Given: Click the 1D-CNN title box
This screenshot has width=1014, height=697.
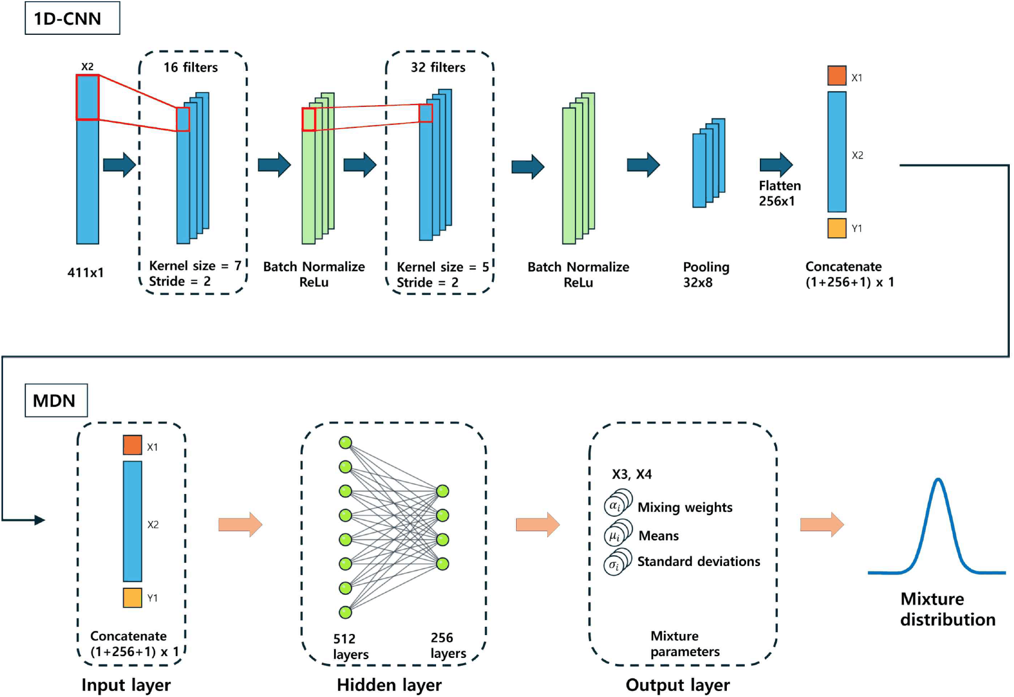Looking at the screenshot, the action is pos(73,17).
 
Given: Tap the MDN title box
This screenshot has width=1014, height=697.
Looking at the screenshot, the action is pos(56,400).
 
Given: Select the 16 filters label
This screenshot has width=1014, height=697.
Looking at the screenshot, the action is pos(190,67).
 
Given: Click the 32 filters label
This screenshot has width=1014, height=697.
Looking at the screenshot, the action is pos(438,67).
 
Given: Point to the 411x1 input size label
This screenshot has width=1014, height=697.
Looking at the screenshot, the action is pos(85,273).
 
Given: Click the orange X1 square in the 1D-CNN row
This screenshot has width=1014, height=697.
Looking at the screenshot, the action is pos(837,76).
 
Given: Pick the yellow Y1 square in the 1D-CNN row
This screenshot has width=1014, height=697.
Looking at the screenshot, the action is pos(837,228).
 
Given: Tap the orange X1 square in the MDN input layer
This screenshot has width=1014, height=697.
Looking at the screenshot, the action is pos(132,445).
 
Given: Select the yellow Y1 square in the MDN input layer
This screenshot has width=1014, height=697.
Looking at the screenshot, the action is pos(132,597).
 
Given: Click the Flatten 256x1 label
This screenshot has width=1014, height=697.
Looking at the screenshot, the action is pos(780,193).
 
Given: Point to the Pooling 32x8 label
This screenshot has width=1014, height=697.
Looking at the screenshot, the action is pos(706,275).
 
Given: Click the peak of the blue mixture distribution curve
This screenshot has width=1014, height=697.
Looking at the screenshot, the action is pos(938,479).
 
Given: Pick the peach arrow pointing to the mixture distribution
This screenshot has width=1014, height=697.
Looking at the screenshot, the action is pos(822,525).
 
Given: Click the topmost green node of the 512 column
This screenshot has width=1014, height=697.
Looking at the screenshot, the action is pos(345,442).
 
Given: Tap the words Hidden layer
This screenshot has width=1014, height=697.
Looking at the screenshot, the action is pos(389,685).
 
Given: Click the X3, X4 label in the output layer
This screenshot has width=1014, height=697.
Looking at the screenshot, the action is pos(632,474).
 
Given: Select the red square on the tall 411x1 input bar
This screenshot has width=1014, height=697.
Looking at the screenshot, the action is pos(87,97).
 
